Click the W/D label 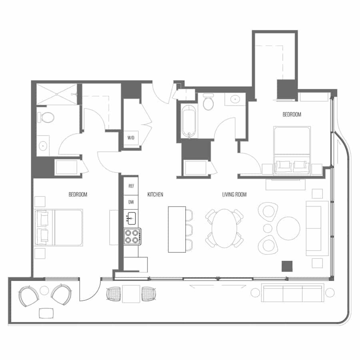click(x=131, y=138)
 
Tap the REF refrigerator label click(x=131, y=186)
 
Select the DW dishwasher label click(x=131, y=202)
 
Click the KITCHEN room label click(x=155, y=194)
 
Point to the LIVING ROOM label click(x=234, y=194)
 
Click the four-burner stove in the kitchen click(x=132, y=236)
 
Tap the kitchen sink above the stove click(x=131, y=218)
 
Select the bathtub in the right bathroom click(x=189, y=122)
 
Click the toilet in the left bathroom click(x=46, y=118)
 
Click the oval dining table click(x=224, y=228)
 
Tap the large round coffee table click(x=288, y=228)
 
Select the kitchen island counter click(x=177, y=229)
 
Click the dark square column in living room click(x=287, y=266)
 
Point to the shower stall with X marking click(x=57, y=94)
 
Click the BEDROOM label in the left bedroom click(x=78, y=194)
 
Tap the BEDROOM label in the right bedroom click(x=292, y=114)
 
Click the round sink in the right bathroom click(x=235, y=100)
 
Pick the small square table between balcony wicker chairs click(x=131, y=294)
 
